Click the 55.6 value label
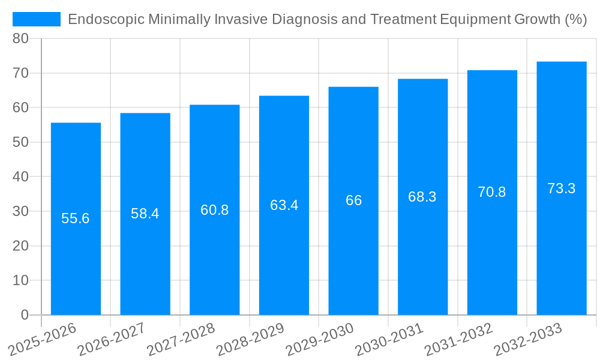76,218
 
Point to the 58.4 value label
145,214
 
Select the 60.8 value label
214,210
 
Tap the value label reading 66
353,200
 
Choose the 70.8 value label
492,192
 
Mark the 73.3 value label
562,188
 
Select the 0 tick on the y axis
25,315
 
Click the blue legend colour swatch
37,19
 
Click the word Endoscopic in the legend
106,19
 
